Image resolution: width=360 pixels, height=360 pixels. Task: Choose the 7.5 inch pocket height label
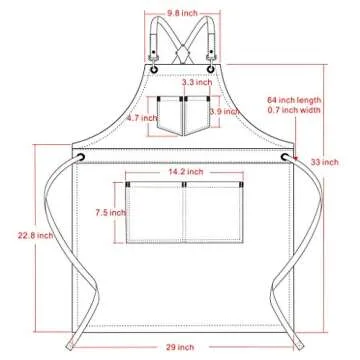pos(111,213)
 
